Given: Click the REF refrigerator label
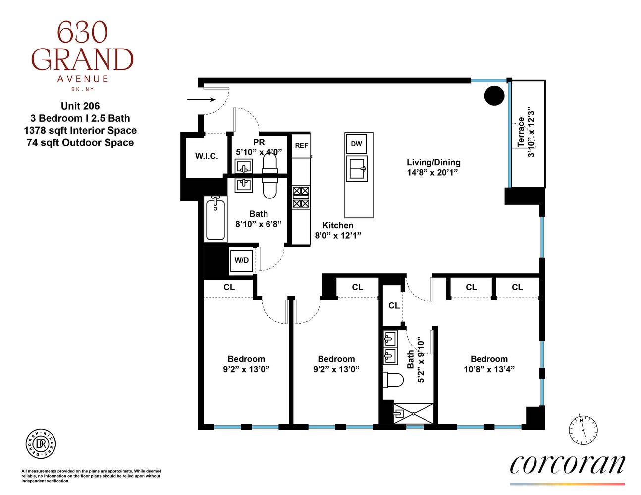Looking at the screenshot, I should tap(301, 145).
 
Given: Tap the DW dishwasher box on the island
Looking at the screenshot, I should tap(356, 144).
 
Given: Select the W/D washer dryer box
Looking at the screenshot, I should tap(242, 260).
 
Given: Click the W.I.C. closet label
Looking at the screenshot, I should tap(207, 156).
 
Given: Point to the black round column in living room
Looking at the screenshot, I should tap(494, 96).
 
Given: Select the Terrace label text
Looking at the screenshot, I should tap(521, 131).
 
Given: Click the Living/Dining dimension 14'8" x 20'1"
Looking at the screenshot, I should tap(432, 173).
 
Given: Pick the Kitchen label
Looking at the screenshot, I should tap(338, 225).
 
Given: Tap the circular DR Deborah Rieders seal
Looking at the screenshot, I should tap(41, 444).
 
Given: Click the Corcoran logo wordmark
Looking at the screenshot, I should tap(567, 464).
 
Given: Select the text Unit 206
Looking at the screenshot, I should tap(80, 106).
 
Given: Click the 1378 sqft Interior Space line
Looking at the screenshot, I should tap(80, 130).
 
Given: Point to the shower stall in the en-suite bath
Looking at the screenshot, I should tap(413, 413).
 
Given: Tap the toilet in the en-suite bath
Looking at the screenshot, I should tap(393, 380).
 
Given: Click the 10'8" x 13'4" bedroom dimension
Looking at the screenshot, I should tap(489, 369).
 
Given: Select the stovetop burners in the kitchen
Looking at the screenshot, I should tap(301, 197).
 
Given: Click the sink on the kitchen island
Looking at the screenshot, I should tap(357, 169).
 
